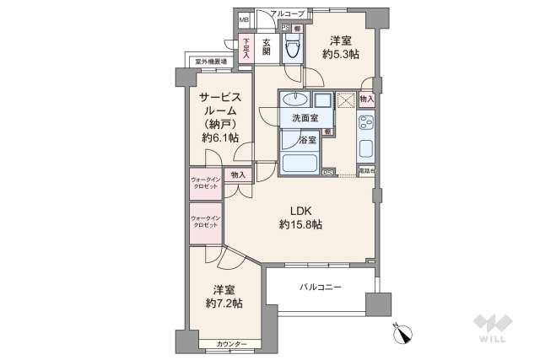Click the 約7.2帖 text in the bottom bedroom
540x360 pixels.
pos(224,303)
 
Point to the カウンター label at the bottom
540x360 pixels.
pos(231,344)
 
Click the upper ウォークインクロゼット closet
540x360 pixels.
pos(206,184)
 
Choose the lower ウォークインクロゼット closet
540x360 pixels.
pos(206,222)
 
